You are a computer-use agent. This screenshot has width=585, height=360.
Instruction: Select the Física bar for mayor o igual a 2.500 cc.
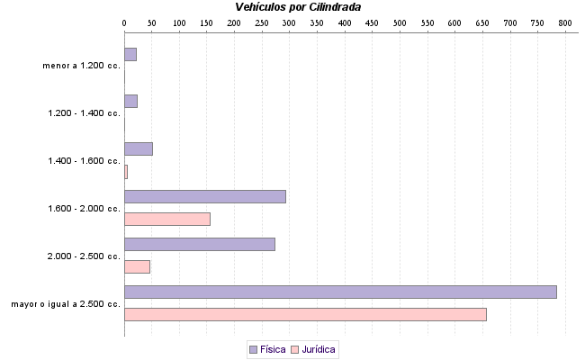coord(340,292)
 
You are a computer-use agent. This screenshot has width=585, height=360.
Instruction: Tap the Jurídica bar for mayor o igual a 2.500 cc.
coord(305,314)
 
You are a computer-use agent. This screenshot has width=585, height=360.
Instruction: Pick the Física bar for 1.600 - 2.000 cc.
coord(205,196)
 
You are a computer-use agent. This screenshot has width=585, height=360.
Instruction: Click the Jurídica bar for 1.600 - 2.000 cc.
coord(167,219)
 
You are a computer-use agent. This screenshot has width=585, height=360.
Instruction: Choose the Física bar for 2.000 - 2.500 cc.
coord(200,244)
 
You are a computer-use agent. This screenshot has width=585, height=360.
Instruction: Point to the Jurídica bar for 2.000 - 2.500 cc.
coord(137,266)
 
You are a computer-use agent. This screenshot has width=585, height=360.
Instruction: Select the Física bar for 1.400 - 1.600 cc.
coord(139,148)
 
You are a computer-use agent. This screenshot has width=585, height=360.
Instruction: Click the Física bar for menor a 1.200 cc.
coord(130,54)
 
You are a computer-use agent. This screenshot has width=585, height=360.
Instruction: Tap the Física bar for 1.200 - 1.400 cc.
coord(130,102)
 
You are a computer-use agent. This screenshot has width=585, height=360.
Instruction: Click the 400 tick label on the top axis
coord(345,21)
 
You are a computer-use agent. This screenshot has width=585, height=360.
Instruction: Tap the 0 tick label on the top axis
coord(124,21)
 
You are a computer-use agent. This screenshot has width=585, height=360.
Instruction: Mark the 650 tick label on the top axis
coord(483,21)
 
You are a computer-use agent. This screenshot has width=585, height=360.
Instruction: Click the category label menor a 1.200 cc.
coord(81,66)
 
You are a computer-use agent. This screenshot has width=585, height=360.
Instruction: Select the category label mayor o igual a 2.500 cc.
coord(66,304)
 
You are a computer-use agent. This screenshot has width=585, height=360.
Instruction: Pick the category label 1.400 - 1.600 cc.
coord(84,161)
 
